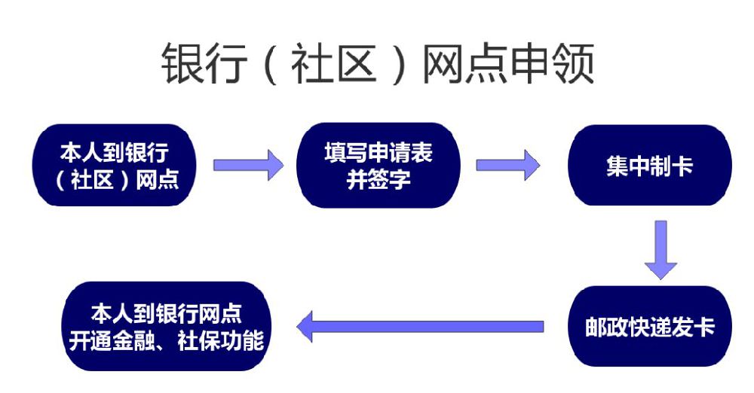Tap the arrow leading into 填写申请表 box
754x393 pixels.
[248, 165]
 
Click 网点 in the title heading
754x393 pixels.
[464, 64]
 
